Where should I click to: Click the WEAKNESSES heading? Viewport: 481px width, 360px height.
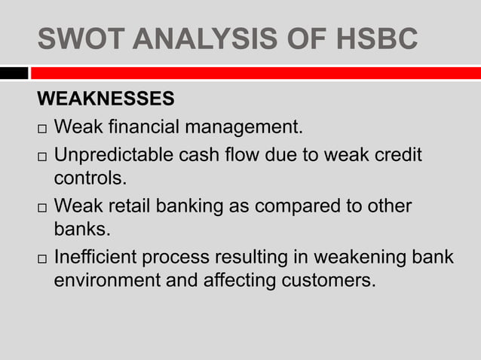click(106, 99)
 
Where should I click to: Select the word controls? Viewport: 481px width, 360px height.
click(90, 179)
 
